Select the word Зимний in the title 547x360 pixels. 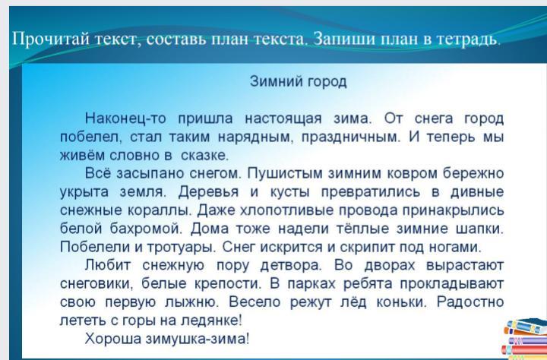tap(277, 82)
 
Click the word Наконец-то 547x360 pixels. tap(125, 118)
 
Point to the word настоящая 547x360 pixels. tap(283, 119)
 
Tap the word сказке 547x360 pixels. tap(204, 156)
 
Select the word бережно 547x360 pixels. tap(473, 173)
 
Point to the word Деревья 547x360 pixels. tap(208, 192)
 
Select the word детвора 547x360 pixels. tap(290, 266)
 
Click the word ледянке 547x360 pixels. tap(211, 321)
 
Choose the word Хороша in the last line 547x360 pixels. tap(112, 339)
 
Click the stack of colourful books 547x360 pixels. tap(524, 339)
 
